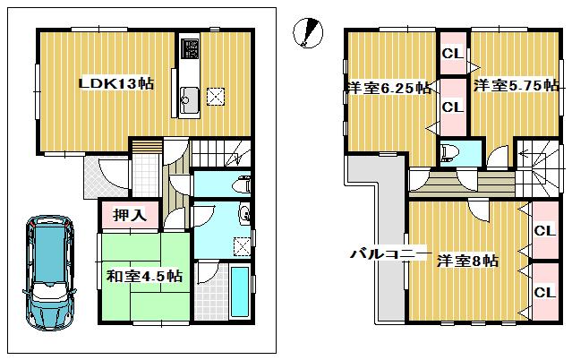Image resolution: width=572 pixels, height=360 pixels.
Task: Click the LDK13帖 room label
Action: pos(115,83)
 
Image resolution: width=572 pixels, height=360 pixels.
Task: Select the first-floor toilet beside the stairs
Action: pos(241,184)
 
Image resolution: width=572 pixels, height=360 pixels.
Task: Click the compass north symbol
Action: pos(306,33)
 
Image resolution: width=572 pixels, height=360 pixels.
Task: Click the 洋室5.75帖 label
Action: pos(516,86)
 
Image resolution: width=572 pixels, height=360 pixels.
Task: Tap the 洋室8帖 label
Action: pos(468,261)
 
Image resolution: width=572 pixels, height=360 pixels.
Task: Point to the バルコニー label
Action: pos(388,254)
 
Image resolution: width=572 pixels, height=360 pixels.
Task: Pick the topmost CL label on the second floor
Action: pos(451,53)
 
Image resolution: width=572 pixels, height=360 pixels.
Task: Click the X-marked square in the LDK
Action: pos(217,98)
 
